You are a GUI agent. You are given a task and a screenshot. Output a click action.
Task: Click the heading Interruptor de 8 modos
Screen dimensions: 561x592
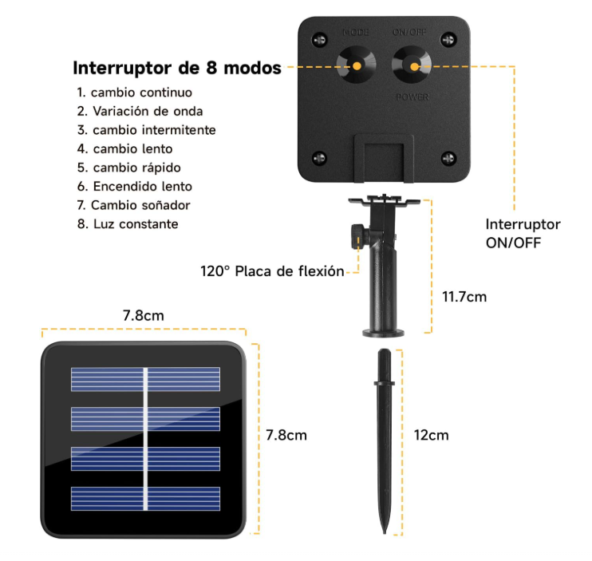(x=177, y=68)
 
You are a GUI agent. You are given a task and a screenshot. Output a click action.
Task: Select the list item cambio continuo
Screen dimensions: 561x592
(x=134, y=93)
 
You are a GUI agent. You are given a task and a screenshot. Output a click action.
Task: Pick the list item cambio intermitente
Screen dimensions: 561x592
(x=146, y=129)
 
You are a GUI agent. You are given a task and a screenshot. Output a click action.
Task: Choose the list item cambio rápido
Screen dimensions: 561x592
(x=128, y=168)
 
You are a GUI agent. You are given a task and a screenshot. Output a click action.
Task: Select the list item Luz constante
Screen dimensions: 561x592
(x=128, y=224)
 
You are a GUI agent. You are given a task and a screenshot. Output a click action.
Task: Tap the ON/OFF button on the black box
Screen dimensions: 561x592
(x=412, y=64)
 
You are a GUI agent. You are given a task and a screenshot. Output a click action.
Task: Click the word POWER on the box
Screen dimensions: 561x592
(x=412, y=97)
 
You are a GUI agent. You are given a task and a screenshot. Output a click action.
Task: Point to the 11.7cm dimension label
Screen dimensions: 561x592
(x=464, y=297)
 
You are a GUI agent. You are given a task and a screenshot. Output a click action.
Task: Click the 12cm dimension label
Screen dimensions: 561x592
(x=431, y=435)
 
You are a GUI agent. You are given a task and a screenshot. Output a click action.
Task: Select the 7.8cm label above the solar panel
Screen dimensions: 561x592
(x=143, y=315)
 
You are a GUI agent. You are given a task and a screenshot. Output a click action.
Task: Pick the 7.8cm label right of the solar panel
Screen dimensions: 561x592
(x=286, y=435)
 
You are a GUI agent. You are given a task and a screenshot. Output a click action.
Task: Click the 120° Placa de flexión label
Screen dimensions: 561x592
(x=271, y=271)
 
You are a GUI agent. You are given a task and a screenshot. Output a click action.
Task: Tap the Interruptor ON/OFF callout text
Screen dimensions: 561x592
(x=523, y=234)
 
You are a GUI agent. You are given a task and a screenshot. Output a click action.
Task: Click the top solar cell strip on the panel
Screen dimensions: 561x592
(x=144, y=379)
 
